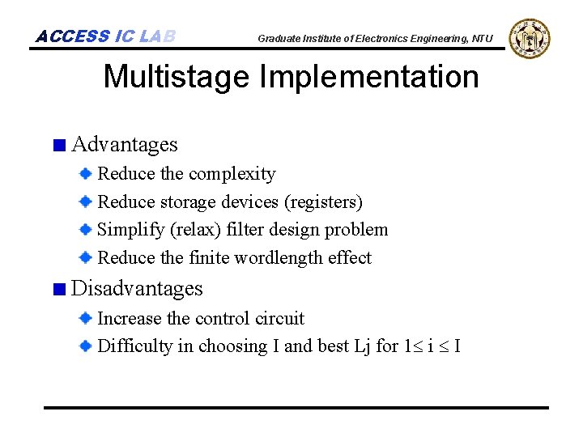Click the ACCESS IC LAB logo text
[105, 36]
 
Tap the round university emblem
[530, 38]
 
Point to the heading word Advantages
[125, 145]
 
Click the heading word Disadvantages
[137, 289]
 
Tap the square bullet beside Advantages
[58, 146]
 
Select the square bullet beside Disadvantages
[58, 290]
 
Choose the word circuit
[278, 319]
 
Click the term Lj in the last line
[362, 346]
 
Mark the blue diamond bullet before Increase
[86, 318]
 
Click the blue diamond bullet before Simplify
[86, 230]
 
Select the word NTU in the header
[482, 39]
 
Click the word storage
[187, 202]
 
